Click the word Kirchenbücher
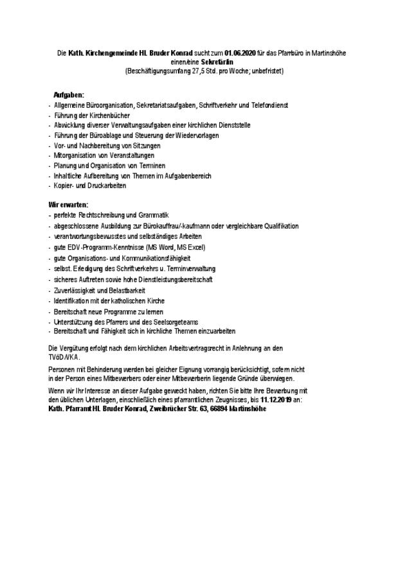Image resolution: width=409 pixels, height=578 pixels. click(x=110, y=115)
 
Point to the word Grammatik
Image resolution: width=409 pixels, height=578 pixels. click(x=154, y=215)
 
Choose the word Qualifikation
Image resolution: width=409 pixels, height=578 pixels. click(x=278, y=225)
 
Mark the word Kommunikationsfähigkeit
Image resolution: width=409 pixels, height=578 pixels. click(x=154, y=258)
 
